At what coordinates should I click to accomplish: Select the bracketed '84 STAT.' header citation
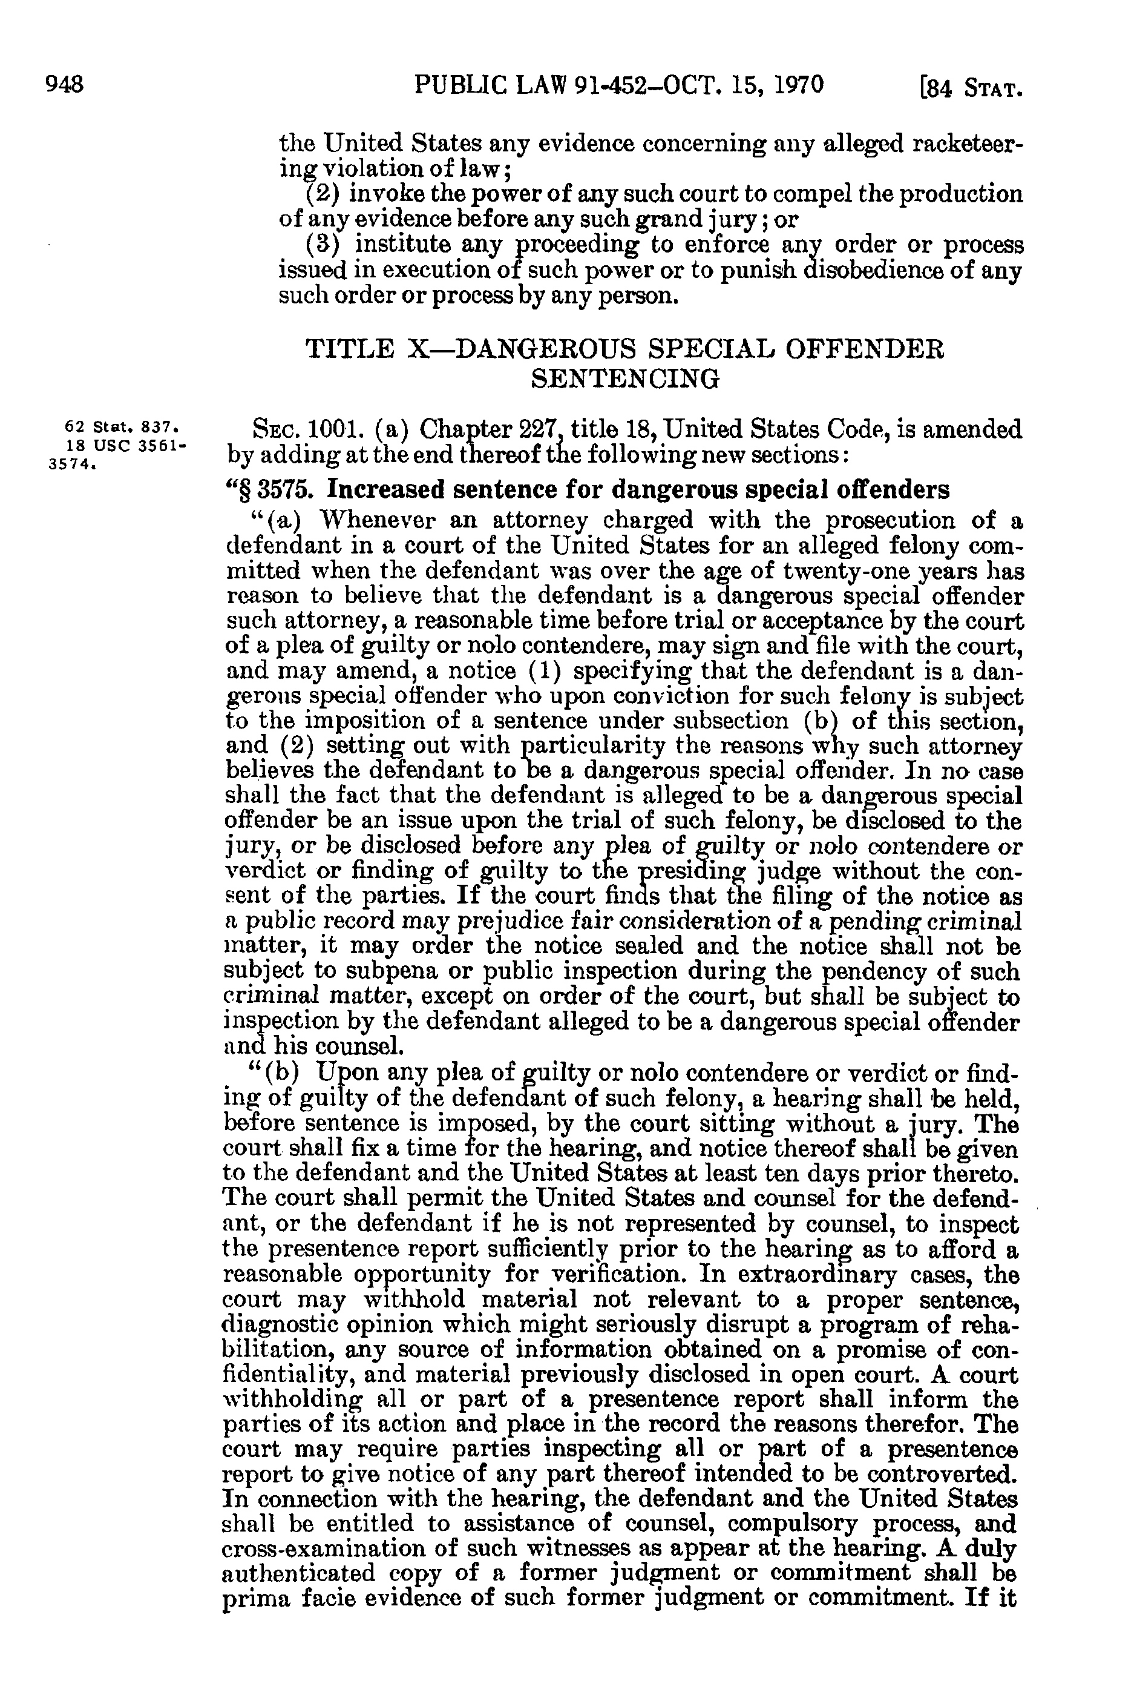tap(970, 88)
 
